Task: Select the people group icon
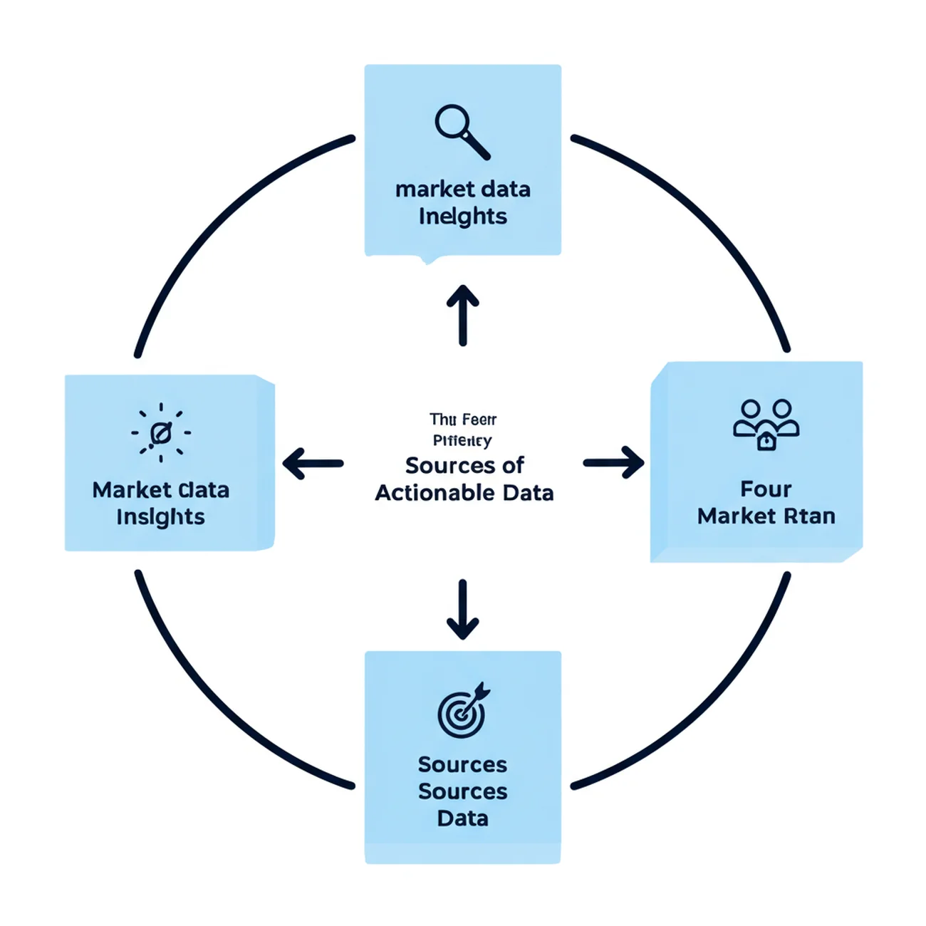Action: (766, 425)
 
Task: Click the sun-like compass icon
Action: (161, 432)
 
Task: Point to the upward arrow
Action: (463, 315)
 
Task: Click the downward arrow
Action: (463, 610)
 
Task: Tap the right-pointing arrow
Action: (613, 463)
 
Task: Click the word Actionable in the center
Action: (435, 493)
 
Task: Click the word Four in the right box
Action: (766, 489)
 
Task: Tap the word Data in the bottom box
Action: (463, 818)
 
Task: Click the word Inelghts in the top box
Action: (463, 216)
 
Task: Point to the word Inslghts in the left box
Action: (160, 517)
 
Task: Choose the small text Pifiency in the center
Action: (462, 441)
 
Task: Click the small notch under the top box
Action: (429, 259)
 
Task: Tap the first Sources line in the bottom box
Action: (463, 765)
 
